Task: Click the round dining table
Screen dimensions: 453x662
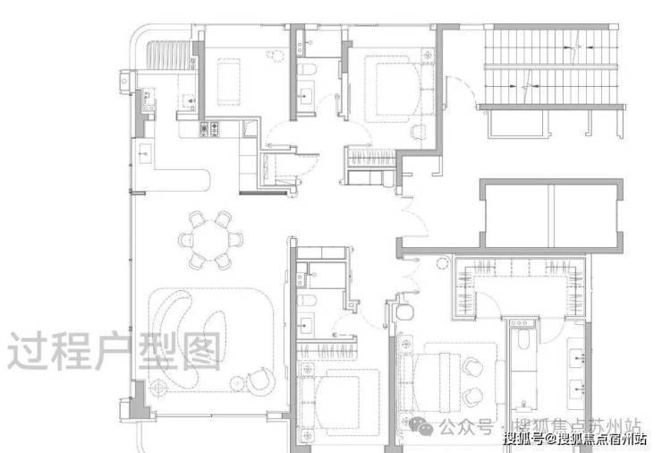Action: point(211,239)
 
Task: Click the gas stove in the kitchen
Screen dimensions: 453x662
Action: point(213,130)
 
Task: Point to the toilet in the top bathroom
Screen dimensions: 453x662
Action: point(308,72)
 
